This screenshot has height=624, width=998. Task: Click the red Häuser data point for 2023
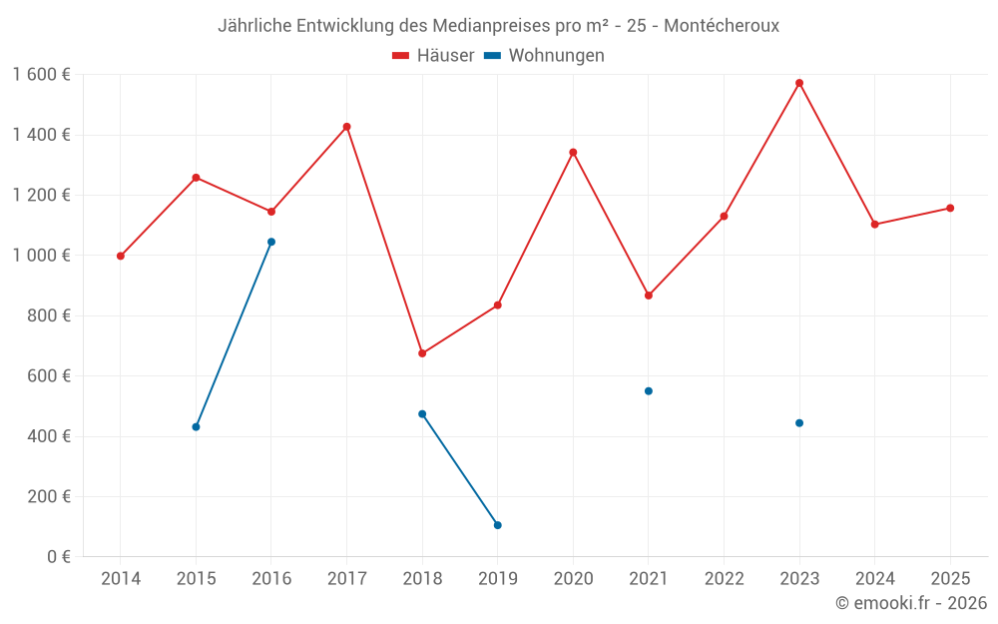tap(799, 83)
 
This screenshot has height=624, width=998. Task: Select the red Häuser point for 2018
tap(422, 353)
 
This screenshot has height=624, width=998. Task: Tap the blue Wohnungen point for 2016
tap(271, 242)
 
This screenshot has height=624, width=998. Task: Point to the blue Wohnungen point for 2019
tap(498, 525)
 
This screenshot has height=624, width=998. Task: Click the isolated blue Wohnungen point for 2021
tap(649, 391)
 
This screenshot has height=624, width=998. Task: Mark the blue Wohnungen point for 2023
tap(799, 423)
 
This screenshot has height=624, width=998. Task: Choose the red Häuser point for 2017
tap(347, 127)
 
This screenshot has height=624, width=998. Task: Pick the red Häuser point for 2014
tap(121, 256)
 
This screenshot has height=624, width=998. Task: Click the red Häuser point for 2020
tap(573, 153)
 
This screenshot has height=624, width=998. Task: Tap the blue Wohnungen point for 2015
tap(196, 427)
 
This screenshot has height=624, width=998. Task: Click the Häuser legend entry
tap(433, 56)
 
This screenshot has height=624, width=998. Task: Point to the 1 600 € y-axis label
tap(41, 75)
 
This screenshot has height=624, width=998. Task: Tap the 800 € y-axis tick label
tap(47, 315)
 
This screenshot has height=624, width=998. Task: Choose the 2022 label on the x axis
tap(724, 579)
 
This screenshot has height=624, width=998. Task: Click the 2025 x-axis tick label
tap(950, 579)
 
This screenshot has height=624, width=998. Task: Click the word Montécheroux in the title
tap(721, 26)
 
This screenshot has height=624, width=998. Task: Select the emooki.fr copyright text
tap(910, 603)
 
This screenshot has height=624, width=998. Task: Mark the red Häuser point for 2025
tap(950, 208)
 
